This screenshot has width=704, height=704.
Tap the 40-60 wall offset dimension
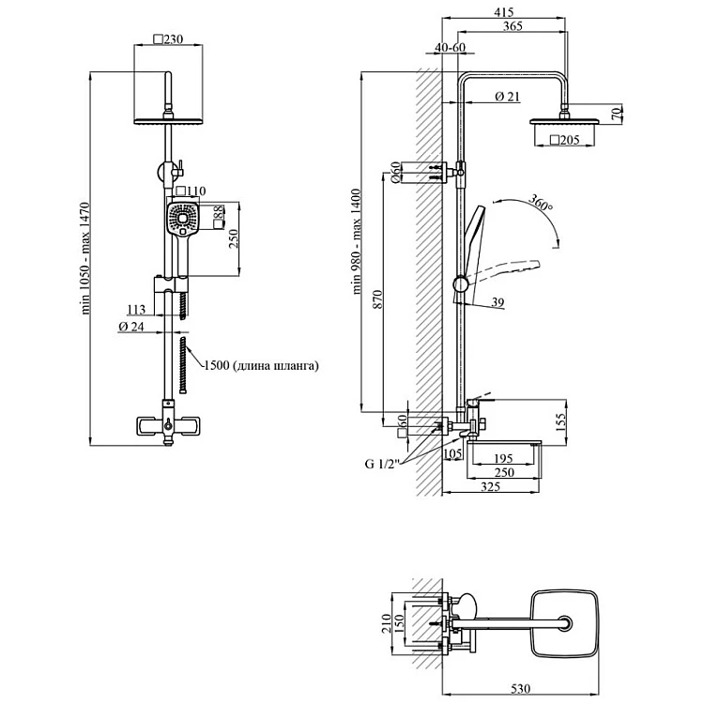click(x=451, y=48)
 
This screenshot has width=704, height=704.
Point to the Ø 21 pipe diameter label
click(x=507, y=96)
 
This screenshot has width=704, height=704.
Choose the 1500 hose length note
click(x=260, y=366)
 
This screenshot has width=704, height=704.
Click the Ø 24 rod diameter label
click(x=130, y=326)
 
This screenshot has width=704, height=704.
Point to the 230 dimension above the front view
click(x=170, y=39)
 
